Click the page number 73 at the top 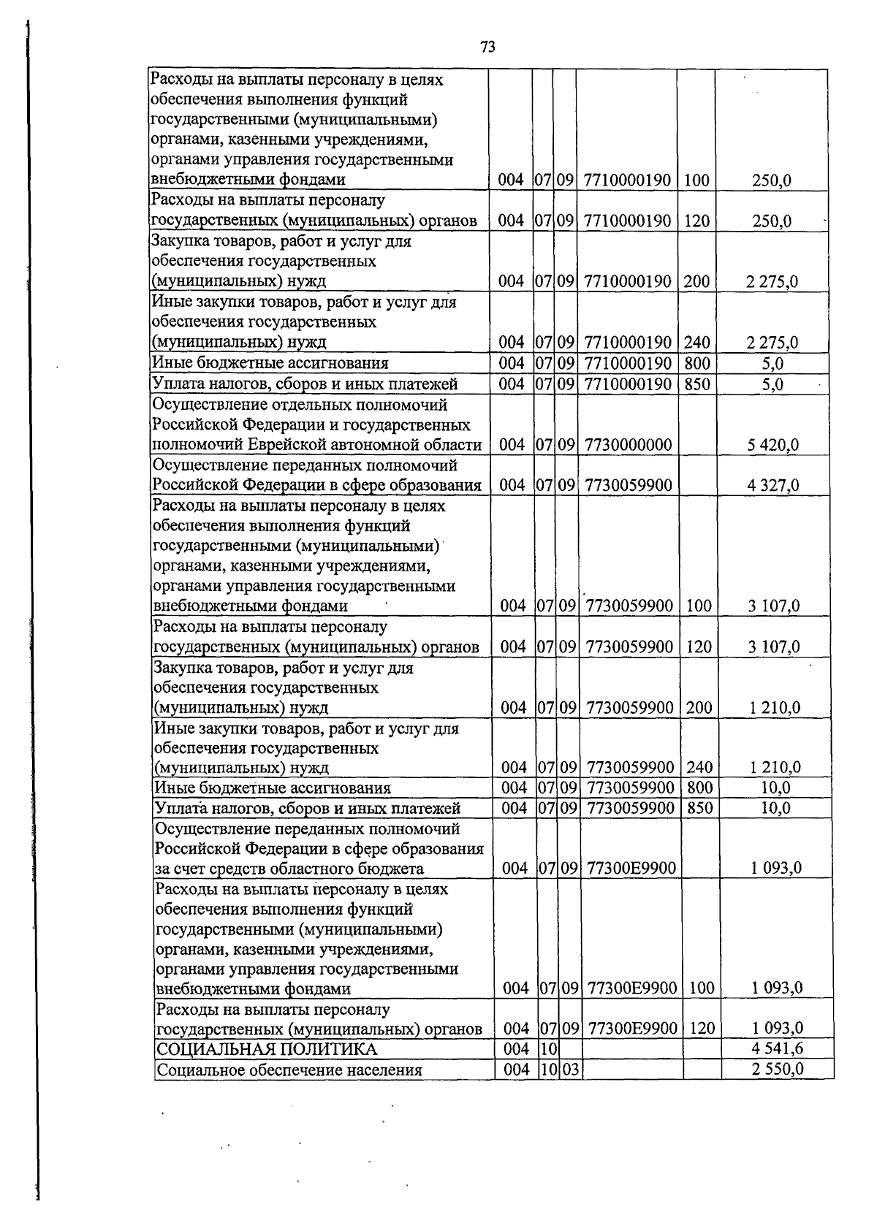(488, 47)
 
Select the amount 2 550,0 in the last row (777, 1070)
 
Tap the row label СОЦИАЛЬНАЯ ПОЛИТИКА (267, 1050)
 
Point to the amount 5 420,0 (772, 445)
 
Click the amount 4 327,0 (772, 485)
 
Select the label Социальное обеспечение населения (289, 1070)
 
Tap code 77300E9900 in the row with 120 (633, 1029)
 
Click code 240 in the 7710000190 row (696, 342)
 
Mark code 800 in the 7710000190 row (696, 363)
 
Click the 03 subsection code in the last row (570, 1070)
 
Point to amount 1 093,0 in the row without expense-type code (776, 868)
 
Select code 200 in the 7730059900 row (698, 707)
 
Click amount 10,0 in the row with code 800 (775, 788)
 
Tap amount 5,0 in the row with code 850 (772, 384)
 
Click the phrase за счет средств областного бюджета (289, 869)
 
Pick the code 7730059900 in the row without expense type (629, 485)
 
